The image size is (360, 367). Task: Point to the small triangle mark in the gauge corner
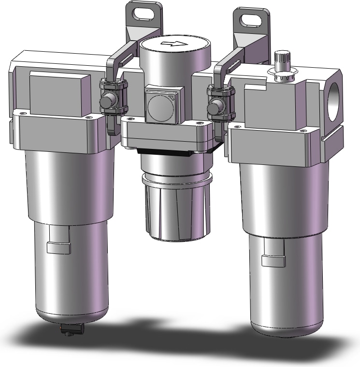(173, 97)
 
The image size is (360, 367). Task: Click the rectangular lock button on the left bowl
(58, 248)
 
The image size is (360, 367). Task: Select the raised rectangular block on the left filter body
(59, 92)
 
